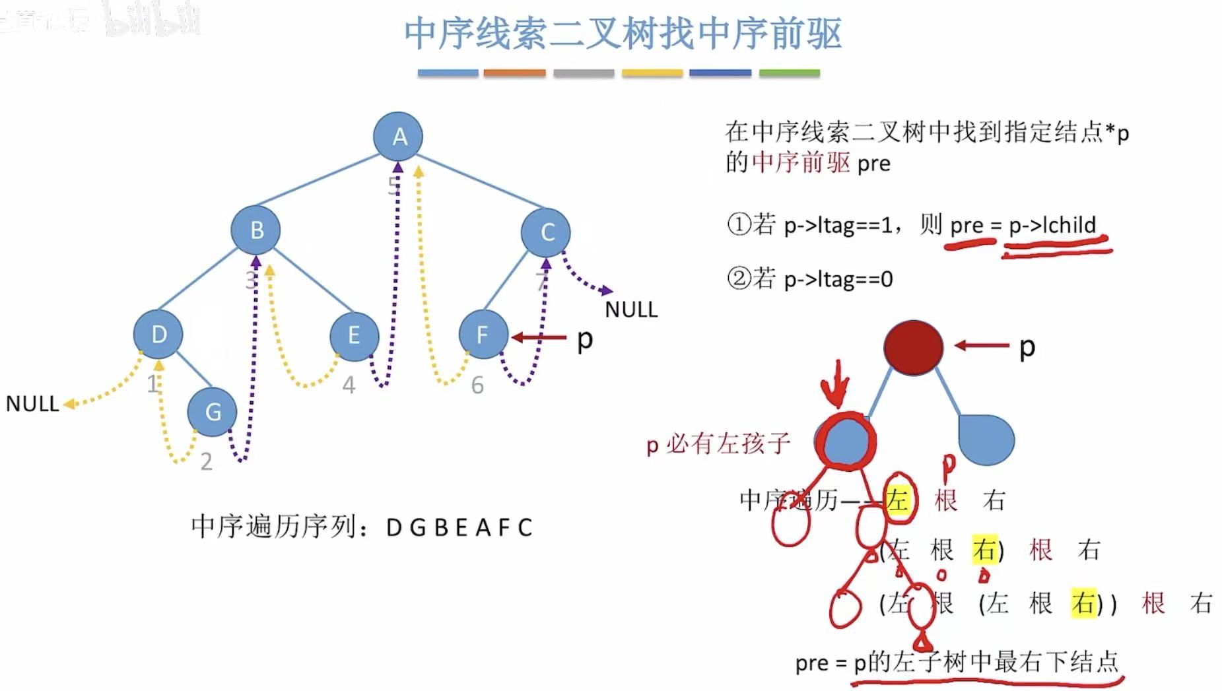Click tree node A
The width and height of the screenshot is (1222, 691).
pyautogui.click(x=398, y=136)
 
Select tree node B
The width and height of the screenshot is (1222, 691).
pyautogui.click(x=256, y=230)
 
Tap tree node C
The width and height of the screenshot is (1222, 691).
pyautogui.click(x=546, y=232)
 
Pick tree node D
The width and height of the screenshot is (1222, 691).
pyautogui.click(x=158, y=334)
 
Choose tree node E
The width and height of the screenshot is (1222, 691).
pyautogui.click(x=354, y=336)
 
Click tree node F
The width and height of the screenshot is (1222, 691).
pyautogui.click(x=483, y=335)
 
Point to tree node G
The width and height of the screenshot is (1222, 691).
pyautogui.click(x=212, y=412)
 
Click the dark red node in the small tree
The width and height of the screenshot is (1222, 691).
pyautogui.click(x=913, y=348)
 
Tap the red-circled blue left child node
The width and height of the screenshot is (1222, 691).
pyautogui.click(x=846, y=441)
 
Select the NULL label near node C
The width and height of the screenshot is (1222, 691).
pyautogui.click(x=631, y=310)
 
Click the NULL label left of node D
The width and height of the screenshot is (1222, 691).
pyautogui.click(x=32, y=403)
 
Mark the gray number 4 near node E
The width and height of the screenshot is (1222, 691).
pyautogui.click(x=349, y=385)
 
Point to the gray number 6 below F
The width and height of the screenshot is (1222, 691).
pyautogui.click(x=477, y=385)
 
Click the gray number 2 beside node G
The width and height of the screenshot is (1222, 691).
pyautogui.click(x=207, y=461)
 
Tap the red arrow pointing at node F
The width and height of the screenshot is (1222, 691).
pyautogui.click(x=539, y=338)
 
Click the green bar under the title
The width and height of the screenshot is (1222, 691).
pyautogui.click(x=789, y=73)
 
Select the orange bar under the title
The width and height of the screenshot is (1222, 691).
pyautogui.click(x=514, y=73)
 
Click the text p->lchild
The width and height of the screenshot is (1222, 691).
pyautogui.click(x=1052, y=225)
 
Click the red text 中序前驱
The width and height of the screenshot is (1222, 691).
pyautogui.click(x=801, y=162)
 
